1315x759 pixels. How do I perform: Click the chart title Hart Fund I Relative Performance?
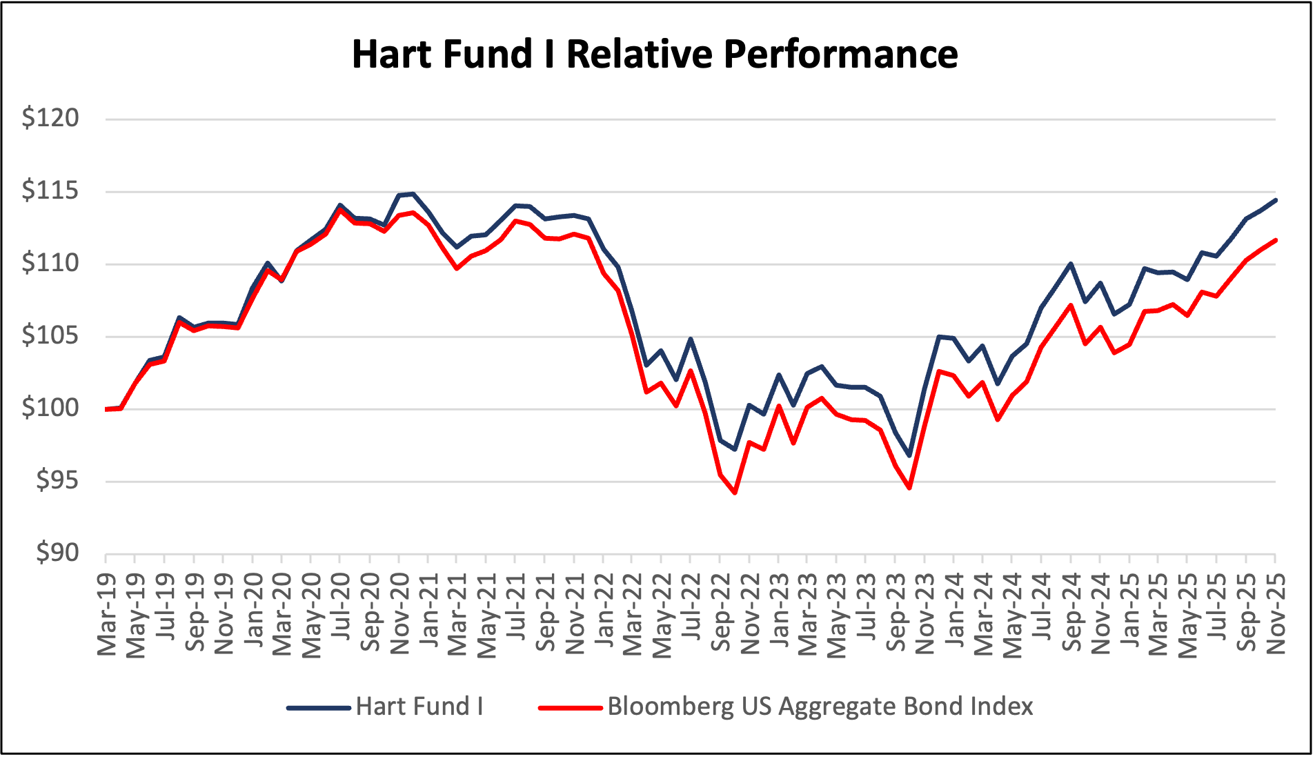(x=654, y=54)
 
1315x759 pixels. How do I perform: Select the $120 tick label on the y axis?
(x=50, y=118)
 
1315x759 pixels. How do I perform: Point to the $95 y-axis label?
(x=57, y=480)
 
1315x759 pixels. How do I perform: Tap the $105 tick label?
(x=50, y=335)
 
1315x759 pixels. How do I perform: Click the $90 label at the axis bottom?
(x=57, y=553)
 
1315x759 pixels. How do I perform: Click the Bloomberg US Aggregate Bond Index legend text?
(x=820, y=707)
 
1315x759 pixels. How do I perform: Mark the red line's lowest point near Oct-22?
(x=735, y=493)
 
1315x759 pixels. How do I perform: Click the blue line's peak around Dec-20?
(x=413, y=194)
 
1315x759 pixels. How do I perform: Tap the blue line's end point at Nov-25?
(x=1275, y=200)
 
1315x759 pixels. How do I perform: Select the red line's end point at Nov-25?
(x=1275, y=240)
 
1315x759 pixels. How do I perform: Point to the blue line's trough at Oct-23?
(x=910, y=455)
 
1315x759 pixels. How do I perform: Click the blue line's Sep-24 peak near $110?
(x=1071, y=264)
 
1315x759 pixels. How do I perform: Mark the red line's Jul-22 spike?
(x=691, y=371)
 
